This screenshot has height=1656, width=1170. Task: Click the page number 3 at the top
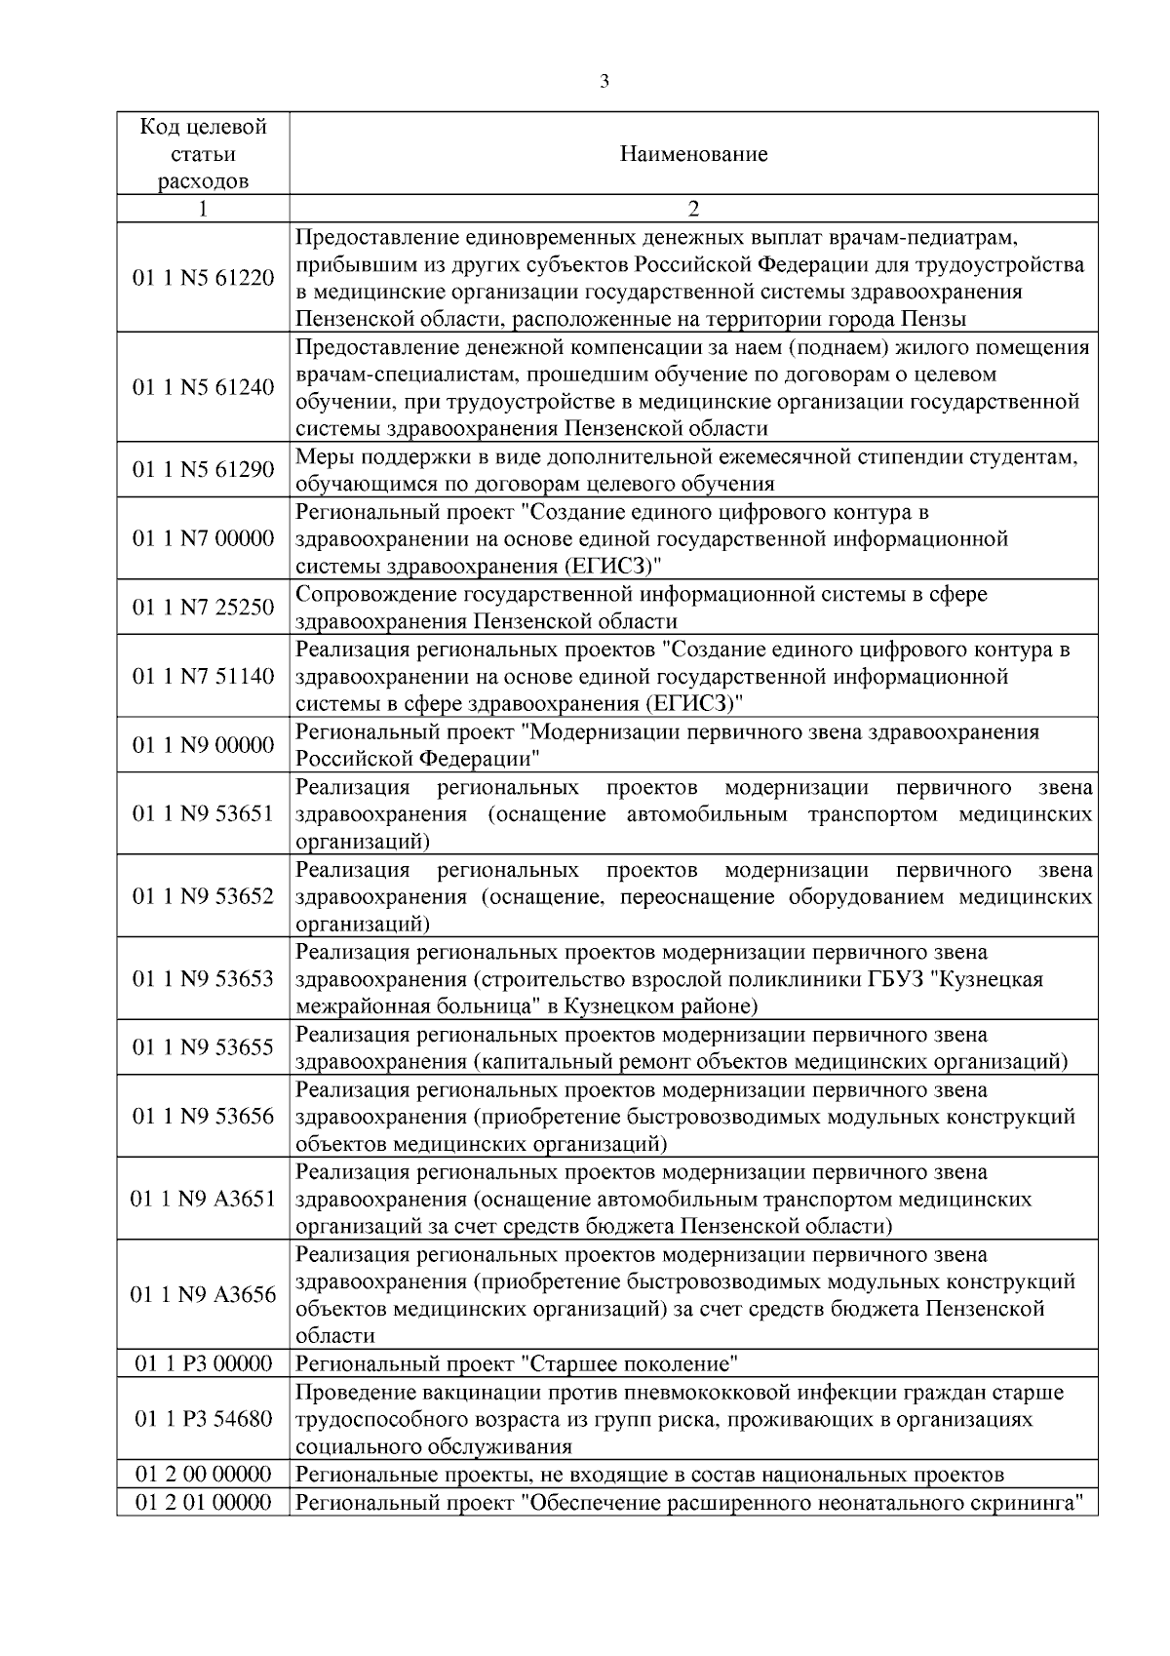pos(604,82)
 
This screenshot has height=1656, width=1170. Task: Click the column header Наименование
pos(693,154)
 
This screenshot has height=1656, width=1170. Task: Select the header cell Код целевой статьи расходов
pos(204,154)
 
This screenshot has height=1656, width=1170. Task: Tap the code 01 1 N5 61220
pos(204,278)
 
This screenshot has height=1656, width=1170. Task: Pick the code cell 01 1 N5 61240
pos(204,387)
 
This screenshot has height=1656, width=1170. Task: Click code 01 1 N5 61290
pos(204,470)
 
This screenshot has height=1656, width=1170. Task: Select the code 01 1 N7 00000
pos(204,538)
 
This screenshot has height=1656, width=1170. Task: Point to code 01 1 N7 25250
pos(204,608)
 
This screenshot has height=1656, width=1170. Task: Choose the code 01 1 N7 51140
pos(204,676)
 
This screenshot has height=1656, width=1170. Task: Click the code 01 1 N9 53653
pos(204,978)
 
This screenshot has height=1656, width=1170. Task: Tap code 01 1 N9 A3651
pos(204,1199)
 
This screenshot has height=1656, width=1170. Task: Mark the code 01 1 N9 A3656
pos(204,1294)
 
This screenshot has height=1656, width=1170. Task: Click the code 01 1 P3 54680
pos(204,1419)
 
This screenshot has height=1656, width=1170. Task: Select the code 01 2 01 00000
pos(204,1502)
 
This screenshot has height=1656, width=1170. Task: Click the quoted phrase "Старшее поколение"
pos(629,1363)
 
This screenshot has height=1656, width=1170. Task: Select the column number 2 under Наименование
pos(693,209)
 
